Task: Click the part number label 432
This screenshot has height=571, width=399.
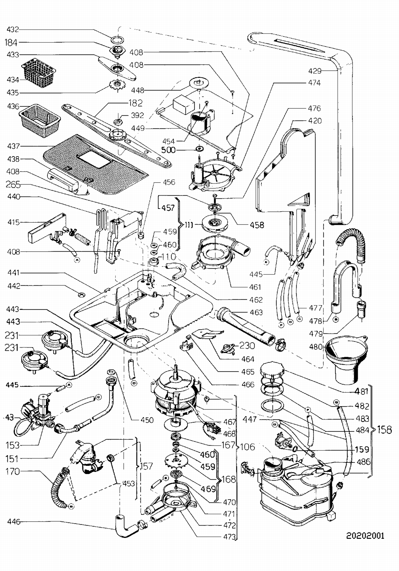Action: pos(13,29)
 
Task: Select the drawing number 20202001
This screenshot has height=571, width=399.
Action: pos(365,536)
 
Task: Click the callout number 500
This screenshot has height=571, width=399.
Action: pos(168,150)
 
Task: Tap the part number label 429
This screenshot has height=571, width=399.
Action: pos(315,71)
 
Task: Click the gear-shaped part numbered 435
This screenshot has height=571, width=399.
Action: pos(117,85)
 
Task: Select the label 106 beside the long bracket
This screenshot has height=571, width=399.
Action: pos(247,447)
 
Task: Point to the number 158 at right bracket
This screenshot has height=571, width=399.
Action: pos(384,430)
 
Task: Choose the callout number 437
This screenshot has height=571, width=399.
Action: pos(13,146)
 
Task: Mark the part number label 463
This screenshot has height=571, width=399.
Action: pos(256,312)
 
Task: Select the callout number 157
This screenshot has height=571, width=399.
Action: pos(146,466)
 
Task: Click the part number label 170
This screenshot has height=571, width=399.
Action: pos(13,472)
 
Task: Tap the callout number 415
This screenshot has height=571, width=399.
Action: pos(13,222)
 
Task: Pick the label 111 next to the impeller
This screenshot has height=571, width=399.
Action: pos(189,225)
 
